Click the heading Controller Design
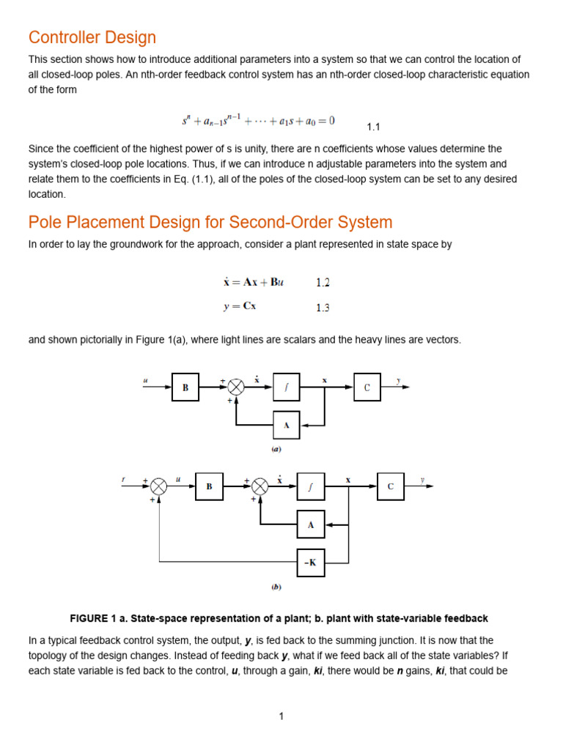coord(92,37)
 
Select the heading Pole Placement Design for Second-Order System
coord(210,222)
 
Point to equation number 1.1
coord(373,127)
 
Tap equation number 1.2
coord(323,282)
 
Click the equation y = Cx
coord(240,308)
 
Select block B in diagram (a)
coord(185,387)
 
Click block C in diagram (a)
coord(367,387)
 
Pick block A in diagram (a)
coord(287,425)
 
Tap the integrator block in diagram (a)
coord(287,387)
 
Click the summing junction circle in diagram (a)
coord(236,387)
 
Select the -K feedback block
coord(310,562)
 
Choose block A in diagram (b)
coord(310,524)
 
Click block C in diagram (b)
coord(391,486)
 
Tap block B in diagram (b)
coord(209,486)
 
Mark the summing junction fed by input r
coord(159,486)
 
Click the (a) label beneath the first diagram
coord(276,449)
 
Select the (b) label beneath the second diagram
coord(276,587)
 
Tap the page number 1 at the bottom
coord(281,716)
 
